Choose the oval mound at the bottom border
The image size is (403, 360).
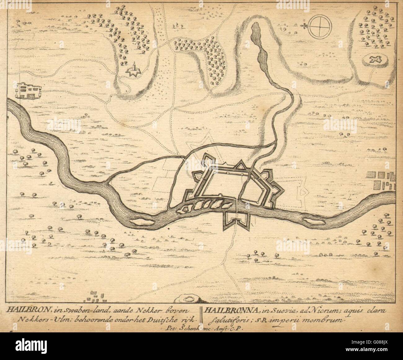[x=188, y=300]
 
